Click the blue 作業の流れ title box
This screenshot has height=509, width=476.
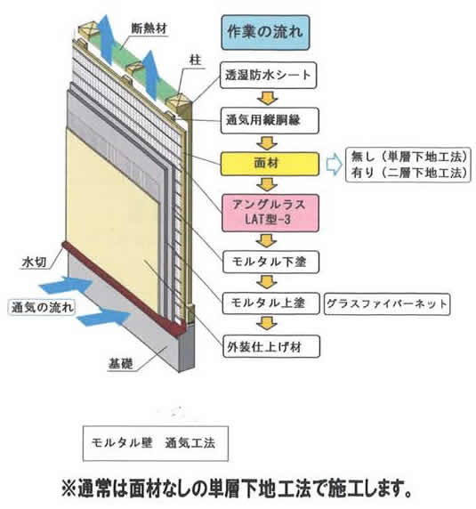pos(265,32)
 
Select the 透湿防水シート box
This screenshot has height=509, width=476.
pos(268,75)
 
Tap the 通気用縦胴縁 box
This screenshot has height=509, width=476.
pos(270,120)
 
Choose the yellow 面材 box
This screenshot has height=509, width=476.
pos(270,164)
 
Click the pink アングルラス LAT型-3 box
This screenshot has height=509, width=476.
pos(270,213)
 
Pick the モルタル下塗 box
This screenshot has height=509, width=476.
pos(271,262)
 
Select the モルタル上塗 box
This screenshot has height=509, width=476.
pos(271,303)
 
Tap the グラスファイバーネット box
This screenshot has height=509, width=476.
pos(387,303)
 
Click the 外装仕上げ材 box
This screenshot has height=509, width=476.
pos(271,346)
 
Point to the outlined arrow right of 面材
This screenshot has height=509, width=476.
pos(334,165)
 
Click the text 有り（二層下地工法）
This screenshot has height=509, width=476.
pos(409,173)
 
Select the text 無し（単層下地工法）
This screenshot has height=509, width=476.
pos(409,158)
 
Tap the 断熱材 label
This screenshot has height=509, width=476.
pos(149,28)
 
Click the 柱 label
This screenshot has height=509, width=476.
pos(196,61)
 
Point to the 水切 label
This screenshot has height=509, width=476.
pos(34,263)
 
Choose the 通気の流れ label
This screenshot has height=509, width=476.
pos(42,307)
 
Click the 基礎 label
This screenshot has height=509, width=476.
pos(121,364)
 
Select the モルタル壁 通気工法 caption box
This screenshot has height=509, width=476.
pos(156,443)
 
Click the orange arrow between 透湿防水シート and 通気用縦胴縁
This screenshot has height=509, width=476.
pos(268,98)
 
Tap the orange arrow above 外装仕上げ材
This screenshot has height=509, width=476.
pos(267,324)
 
